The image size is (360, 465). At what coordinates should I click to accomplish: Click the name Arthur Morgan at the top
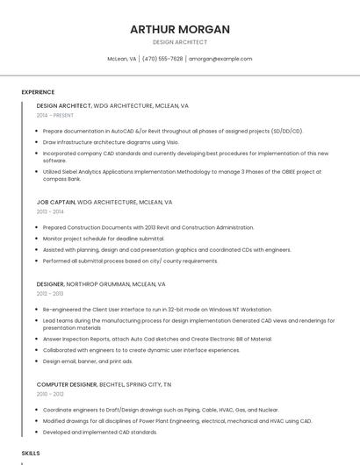(x=180, y=29)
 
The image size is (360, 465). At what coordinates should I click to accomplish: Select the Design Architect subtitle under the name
(x=180, y=42)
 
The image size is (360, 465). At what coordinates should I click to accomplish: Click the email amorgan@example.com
(x=220, y=59)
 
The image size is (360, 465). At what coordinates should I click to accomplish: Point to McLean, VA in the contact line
(x=121, y=59)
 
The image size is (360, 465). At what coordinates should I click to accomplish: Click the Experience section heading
(x=38, y=92)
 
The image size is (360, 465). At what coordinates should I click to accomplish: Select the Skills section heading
(x=31, y=453)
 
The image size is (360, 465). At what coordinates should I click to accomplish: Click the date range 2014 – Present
(x=55, y=115)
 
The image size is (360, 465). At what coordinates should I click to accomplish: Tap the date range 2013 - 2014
(x=50, y=211)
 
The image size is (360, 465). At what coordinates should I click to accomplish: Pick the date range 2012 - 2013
(x=50, y=294)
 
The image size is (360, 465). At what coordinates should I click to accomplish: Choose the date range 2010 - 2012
(x=50, y=394)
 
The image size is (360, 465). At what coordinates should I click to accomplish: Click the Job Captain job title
(x=55, y=202)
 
